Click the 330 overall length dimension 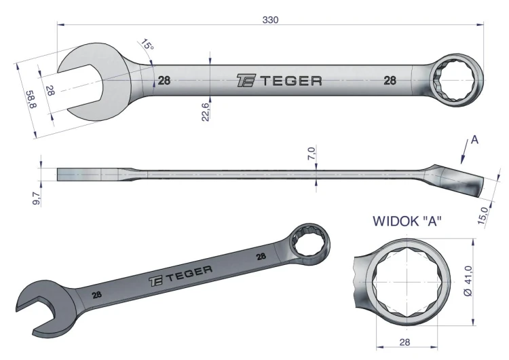coord(270,20)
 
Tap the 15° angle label coord(147,45)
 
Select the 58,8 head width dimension coord(31,99)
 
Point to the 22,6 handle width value coord(206,111)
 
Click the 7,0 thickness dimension coord(311,153)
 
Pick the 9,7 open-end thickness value coord(36,198)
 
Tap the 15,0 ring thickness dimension coord(483,216)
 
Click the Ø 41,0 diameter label coord(468,281)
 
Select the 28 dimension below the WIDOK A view coord(404,342)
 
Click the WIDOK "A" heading coord(407,221)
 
